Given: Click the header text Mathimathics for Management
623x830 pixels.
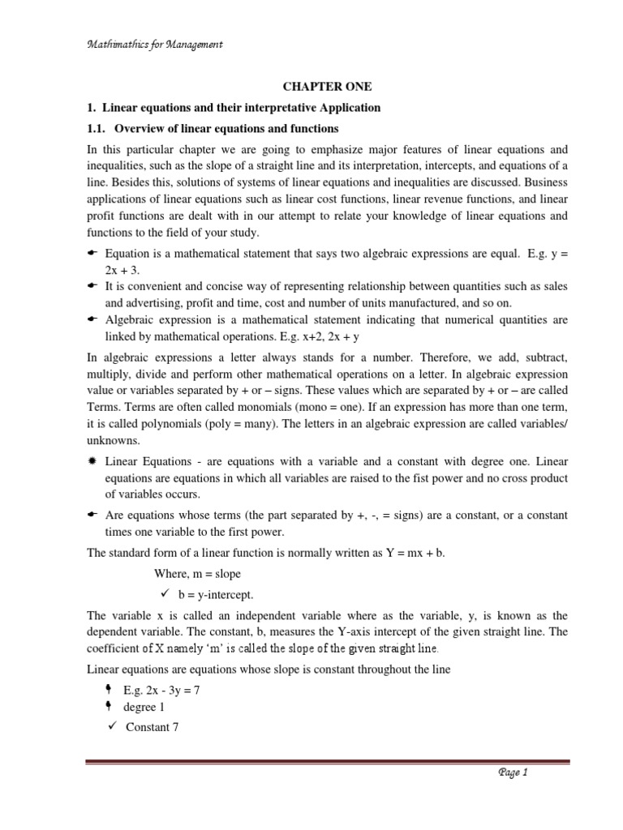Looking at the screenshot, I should pyautogui.click(x=154, y=45).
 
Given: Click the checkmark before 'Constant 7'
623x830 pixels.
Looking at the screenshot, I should pyautogui.click(x=114, y=726).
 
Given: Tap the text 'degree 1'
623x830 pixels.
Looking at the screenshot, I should pyautogui.click(x=145, y=707).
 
